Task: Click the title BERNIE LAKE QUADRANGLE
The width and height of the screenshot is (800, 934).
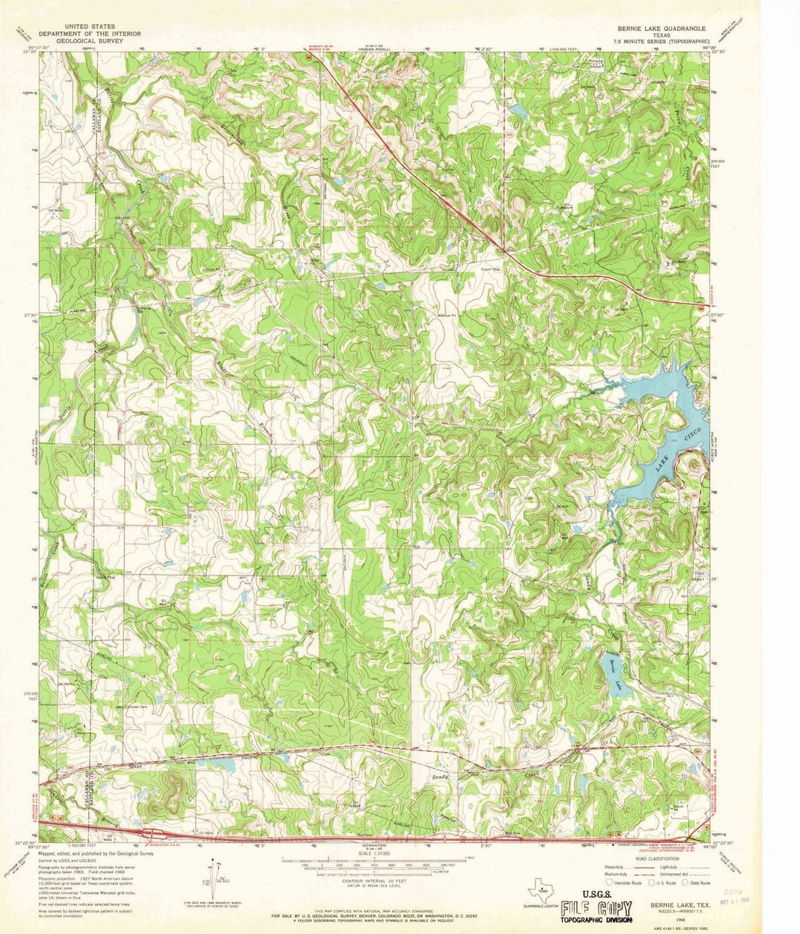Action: coord(661,27)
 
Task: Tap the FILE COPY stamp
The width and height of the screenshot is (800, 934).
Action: coord(596,910)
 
